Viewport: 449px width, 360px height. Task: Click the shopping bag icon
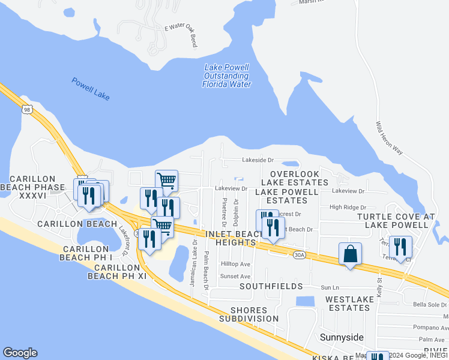tap(350, 254)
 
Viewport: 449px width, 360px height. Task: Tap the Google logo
tap(20, 353)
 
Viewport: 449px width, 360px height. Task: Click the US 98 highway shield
tap(27, 109)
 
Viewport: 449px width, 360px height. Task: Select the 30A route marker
tap(300, 255)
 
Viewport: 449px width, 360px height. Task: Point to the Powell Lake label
tap(90, 89)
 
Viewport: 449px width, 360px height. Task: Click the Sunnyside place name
tap(342, 337)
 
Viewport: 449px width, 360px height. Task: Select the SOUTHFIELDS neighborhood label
tap(270, 287)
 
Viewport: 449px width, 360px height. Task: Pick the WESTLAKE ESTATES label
tap(348, 303)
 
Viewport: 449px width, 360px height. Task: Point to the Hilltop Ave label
tap(235, 264)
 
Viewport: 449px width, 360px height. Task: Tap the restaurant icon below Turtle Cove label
tap(400, 246)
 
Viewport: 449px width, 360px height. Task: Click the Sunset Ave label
tap(235, 277)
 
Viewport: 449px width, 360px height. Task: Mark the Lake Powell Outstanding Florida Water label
tap(226, 76)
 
